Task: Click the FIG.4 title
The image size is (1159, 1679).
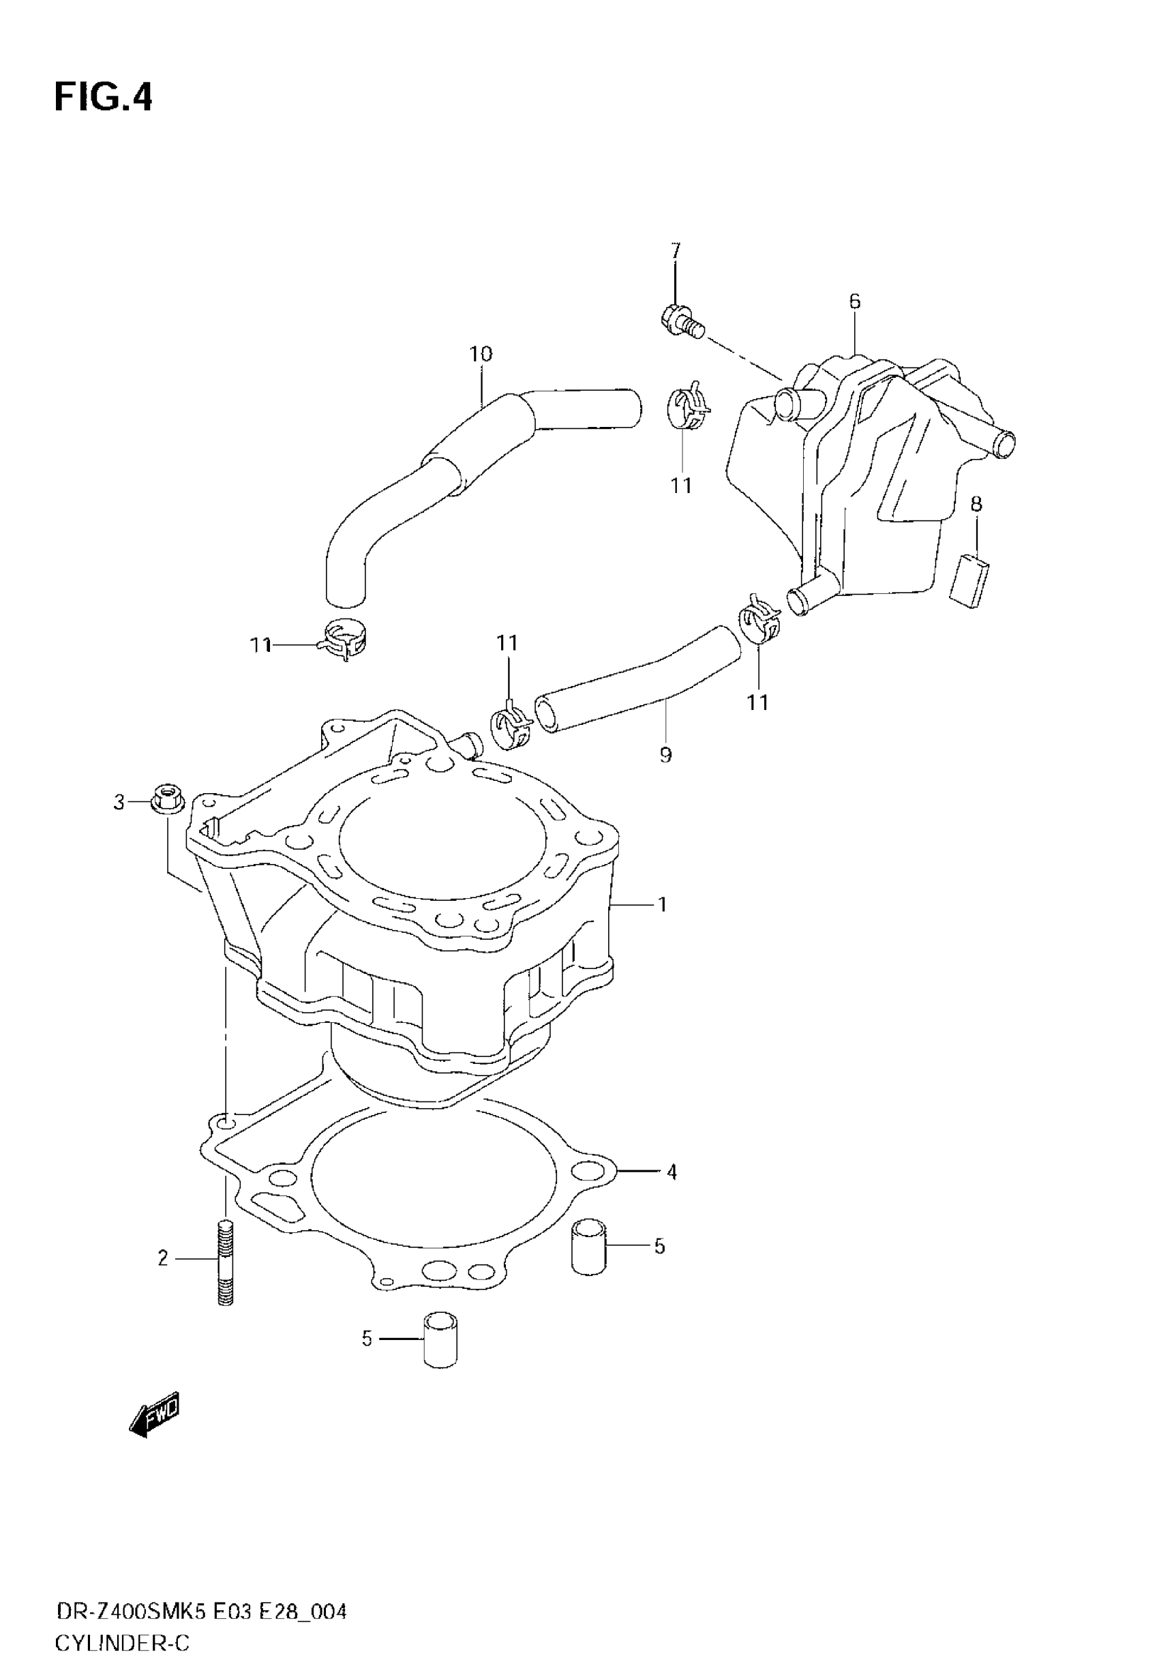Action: (104, 97)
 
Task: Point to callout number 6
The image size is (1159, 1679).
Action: (855, 301)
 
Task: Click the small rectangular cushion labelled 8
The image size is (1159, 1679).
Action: (969, 580)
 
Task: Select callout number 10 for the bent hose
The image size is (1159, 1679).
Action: (481, 354)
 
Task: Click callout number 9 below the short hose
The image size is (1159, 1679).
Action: (666, 755)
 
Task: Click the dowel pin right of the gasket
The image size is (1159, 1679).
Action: (588, 1247)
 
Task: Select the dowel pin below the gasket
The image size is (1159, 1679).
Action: (441, 1339)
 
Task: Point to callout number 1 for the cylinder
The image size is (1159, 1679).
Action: (661, 904)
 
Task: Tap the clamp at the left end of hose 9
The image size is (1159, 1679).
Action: (513, 727)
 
